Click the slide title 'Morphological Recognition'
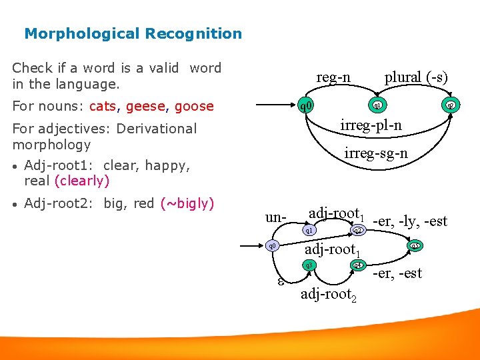coord(133,33)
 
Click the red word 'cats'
coord(102,106)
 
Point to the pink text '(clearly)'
coord(82,181)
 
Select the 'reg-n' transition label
coord(333,77)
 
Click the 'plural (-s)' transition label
coord(416,77)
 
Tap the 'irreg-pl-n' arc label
coord(371,125)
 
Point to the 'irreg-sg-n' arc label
coord(375,154)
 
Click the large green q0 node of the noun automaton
coord(305,105)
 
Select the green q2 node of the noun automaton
coord(451,105)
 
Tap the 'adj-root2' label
coord(329,294)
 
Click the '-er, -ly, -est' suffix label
coord(410,221)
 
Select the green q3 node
coord(309,265)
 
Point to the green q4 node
coord(358,265)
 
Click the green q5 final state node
coord(415,246)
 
